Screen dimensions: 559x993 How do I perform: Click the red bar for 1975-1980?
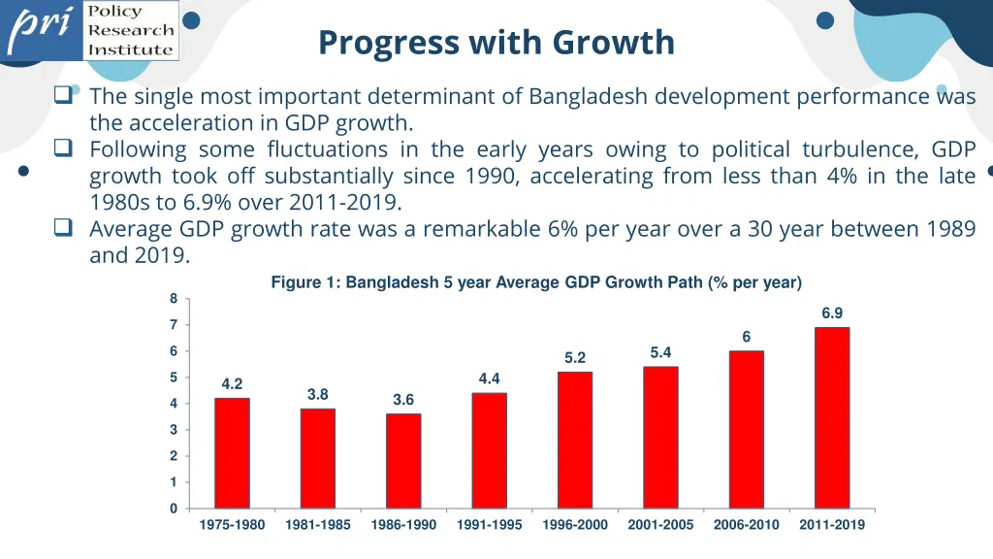click(x=232, y=453)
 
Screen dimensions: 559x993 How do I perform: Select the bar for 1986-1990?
click(x=403, y=461)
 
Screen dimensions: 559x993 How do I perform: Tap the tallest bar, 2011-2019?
click(x=832, y=417)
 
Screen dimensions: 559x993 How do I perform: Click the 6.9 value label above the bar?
click(x=832, y=313)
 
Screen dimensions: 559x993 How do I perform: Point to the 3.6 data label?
click(x=403, y=400)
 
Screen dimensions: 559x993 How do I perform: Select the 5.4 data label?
click(x=660, y=352)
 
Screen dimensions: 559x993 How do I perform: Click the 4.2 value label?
click(x=232, y=384)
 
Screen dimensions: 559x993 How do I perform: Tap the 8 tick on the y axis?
click(x=174, y=298)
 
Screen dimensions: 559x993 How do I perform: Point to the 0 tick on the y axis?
click(x=174, y=509)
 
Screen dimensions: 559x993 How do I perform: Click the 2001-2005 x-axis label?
click(x=660, y=525)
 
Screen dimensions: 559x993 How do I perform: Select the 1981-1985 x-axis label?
click(x=318, y=525)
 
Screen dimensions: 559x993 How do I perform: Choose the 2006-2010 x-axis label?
click(x=747, y=525)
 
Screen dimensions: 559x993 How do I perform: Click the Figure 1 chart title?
click(x=536, y=282)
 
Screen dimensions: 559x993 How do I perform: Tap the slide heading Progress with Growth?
click(x=496, y=43)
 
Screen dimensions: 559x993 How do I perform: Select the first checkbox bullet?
click(x=64, y=96)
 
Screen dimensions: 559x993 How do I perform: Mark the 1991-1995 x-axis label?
click(x=490, y=525)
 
